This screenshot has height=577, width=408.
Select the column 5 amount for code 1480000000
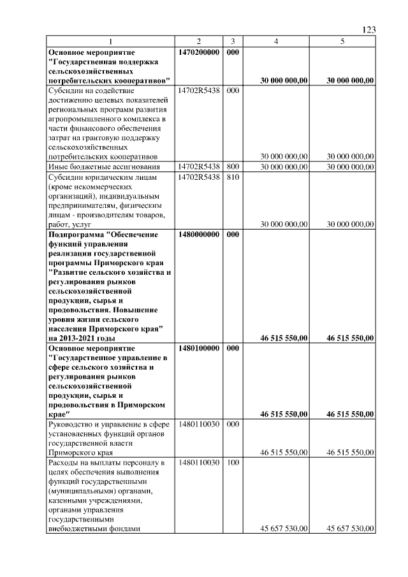tap(350, 338)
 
